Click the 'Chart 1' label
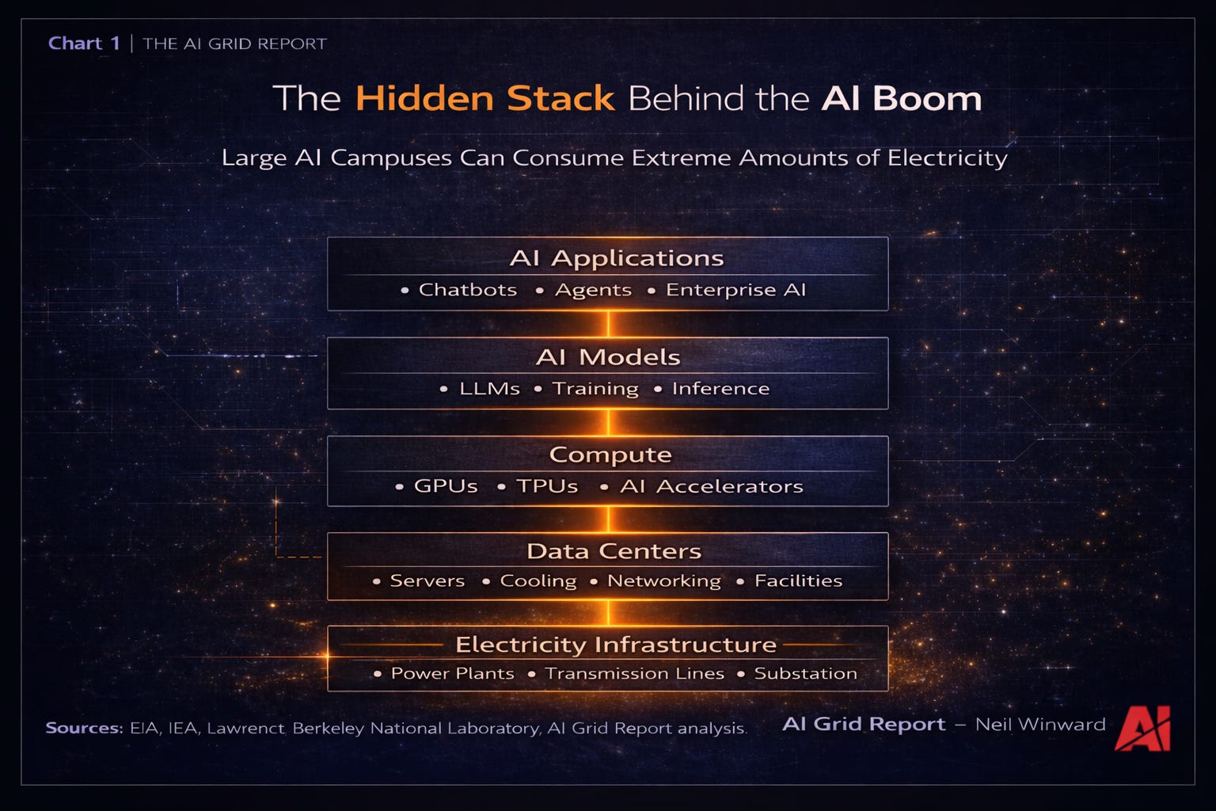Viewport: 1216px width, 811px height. point(84,44)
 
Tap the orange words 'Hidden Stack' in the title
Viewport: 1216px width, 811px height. point(484,99)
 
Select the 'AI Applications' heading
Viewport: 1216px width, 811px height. point(616,258)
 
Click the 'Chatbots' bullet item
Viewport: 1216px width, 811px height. point(467,290)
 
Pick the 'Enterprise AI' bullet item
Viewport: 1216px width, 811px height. point(735,290)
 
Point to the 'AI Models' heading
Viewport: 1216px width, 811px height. point(608,357)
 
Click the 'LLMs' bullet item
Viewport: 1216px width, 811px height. point(489,389)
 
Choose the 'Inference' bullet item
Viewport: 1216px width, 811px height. point(720,389)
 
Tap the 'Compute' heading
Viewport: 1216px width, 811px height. point(610,455)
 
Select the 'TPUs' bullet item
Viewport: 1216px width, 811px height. point(547,486)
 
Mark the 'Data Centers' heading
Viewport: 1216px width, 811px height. point(614,551)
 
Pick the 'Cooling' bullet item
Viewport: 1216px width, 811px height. point(538,581)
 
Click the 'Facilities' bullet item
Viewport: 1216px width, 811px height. point(798,581)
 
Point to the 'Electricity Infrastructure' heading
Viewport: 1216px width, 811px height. point(616,645)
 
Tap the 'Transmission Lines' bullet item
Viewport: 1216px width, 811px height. point(634,674)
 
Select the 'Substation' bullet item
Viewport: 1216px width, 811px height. point(805,674)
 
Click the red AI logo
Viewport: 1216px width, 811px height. point(1142,728)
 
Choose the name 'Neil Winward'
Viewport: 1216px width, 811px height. point(1040,725)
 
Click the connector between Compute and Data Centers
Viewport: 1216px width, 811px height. point(608,520)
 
